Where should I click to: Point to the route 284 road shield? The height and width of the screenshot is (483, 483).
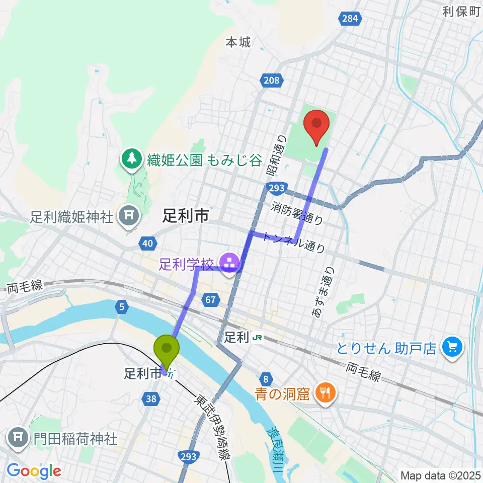pos(351,19)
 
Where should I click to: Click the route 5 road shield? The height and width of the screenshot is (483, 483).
pos(121,305)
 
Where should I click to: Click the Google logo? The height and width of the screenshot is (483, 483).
pos(34,470)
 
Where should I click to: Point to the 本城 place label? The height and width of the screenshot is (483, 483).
pos(237,42)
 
